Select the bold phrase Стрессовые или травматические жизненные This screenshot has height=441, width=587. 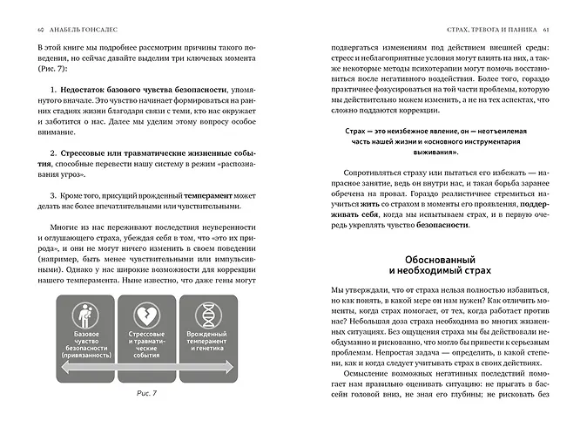pos(131,152)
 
